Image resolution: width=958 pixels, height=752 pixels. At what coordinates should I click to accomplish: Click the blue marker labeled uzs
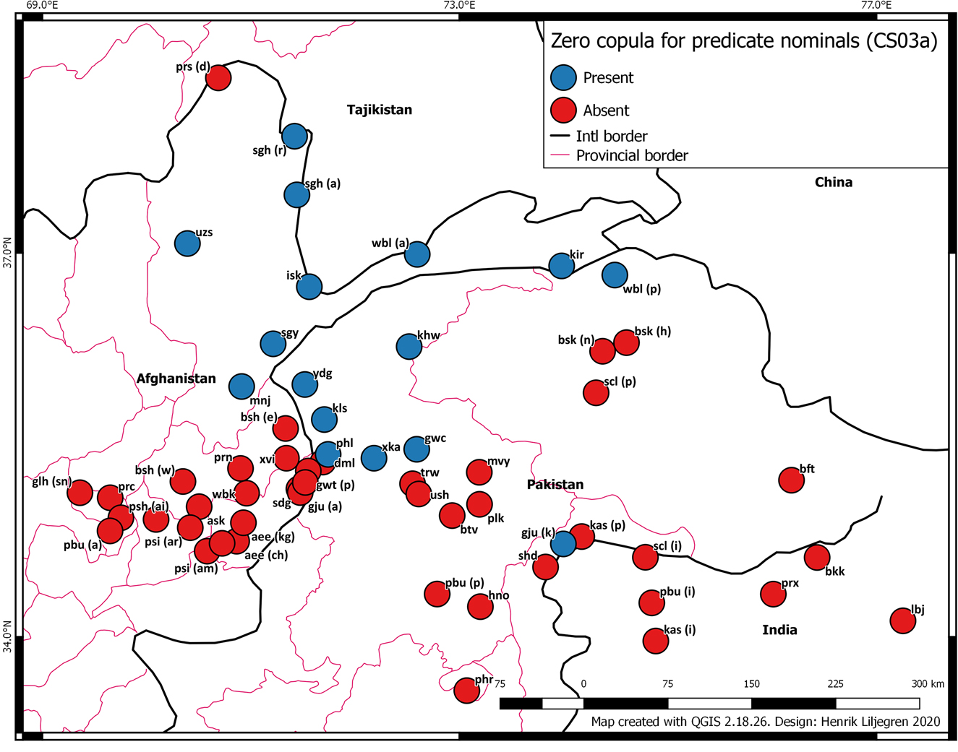tap(187, 243)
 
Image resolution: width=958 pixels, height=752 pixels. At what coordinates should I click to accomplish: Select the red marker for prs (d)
tap(218, 77)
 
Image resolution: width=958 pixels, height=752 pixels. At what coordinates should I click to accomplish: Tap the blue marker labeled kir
tap(561, 266)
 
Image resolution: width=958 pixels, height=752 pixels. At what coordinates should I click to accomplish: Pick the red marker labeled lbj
tap(902, 621)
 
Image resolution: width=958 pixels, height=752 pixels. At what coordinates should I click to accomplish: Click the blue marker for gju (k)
tap(563, 543)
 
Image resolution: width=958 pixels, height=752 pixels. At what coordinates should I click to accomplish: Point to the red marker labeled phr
tap(466, 691)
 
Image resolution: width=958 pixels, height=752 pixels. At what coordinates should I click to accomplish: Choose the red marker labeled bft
tap(791, 480)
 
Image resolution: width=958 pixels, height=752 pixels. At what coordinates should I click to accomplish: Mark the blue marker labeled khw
tap(409, 347)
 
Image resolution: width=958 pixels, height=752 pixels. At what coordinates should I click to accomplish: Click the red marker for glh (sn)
tap(80, 493)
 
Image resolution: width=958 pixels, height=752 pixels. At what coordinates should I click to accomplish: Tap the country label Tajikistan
tap(379, 110)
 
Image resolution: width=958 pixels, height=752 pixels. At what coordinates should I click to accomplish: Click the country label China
tap(833, 182)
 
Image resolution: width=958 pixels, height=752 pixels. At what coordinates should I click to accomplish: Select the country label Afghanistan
tap(176, 379)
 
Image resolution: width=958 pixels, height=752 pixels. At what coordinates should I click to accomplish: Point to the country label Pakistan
tap(555, 485)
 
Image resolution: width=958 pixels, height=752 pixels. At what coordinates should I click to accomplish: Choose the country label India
tap(779, 630)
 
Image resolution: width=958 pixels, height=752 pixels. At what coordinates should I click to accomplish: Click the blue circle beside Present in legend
tap(563, 78)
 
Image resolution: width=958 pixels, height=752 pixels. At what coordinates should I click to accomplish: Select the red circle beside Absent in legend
tap(563, 111)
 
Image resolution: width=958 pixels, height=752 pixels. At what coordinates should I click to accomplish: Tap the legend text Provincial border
tap(631, 155)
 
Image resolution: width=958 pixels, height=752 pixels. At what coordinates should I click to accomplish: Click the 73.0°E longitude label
tap(459, 6)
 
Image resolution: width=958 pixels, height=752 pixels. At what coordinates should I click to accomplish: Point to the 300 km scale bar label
tap(927, 683)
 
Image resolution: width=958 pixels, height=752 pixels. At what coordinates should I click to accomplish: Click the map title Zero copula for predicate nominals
tap(743, 41)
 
